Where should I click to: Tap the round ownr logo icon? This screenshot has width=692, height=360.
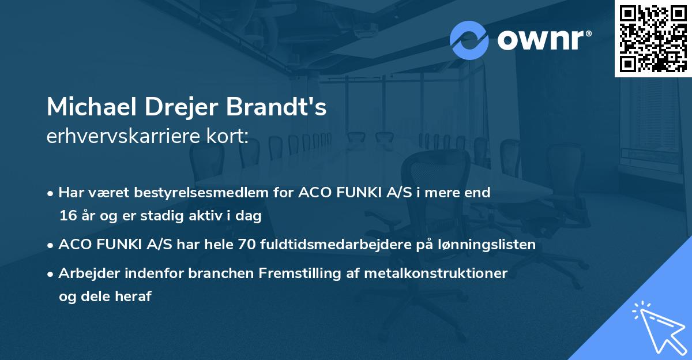(469, 40)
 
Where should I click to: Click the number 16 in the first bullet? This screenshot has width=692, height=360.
(66, 216)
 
